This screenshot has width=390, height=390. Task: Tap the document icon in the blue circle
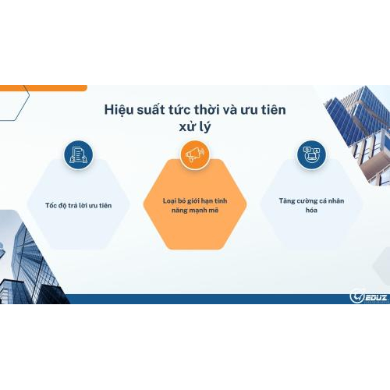pyautogui.click(x=78, y=154)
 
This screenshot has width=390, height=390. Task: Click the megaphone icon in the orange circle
pyautogui.click(x=194, y=154)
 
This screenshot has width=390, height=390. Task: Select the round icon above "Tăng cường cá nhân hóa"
pyautogui.click(x=310, y=154)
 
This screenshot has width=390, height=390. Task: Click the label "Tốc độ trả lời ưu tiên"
pyautogui.click(x=79, y=205)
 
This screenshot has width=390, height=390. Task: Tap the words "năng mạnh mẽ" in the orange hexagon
pyautogui.click(x=195, y=211)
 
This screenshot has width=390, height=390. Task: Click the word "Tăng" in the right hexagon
pyautogui.click(x=287, y=200)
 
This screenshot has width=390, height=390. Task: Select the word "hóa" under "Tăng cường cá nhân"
pyautogui.click(x=310, y=211)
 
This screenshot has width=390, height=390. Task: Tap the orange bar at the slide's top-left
pyautogui.click(x=43, y=87)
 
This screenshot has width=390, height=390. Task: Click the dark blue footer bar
pyautogui.click(x=195, y=299)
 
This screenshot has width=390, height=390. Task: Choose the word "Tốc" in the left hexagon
pyautogui.click(x=53, y=205)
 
